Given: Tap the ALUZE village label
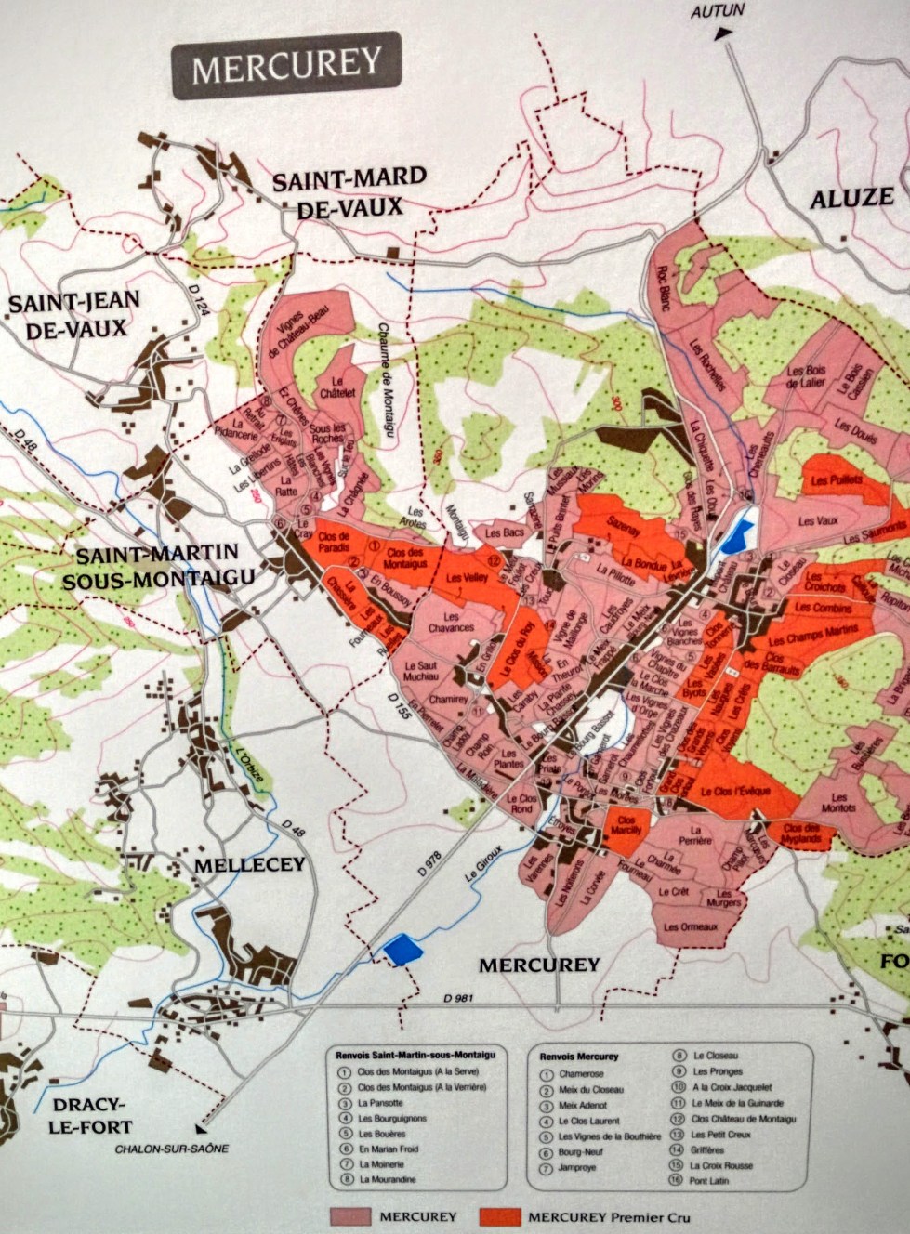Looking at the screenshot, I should (x=851, y=198).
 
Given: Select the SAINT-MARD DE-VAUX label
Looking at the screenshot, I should (x=349, y=192).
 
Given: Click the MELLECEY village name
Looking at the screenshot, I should (x=249, y=865).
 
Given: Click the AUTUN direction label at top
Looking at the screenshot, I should (x=719, y=12).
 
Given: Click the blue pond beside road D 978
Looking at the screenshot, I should (x=398, y=950).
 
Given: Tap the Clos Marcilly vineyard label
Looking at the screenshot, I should (x=626, y=825).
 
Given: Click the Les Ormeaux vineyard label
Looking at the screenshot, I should (x=691, y=926).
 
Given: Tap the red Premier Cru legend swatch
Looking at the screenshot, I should (x=499, y=1216).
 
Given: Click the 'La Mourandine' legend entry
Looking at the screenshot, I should (x=387, y=1179).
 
